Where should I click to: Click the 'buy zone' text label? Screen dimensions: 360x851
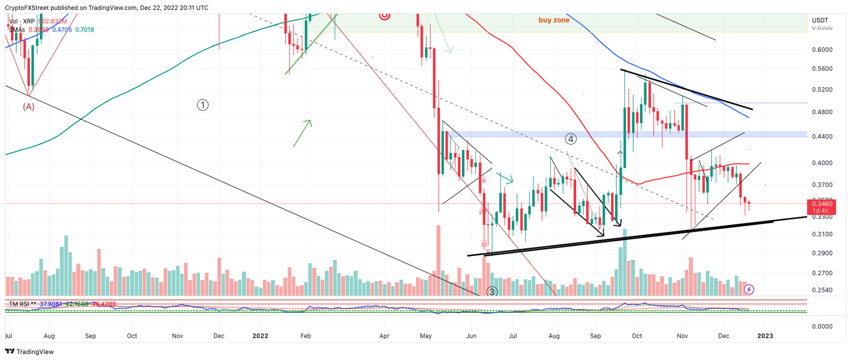coord(554,20)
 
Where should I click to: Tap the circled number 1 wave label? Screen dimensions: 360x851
coord(203,105)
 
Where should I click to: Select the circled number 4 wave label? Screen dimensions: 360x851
coord(571,138)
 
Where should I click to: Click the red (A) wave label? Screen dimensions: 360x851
coord(28,107)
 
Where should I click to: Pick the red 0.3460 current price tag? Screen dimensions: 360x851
coord(827,204)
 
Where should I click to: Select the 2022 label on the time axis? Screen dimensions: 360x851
coord(260,336)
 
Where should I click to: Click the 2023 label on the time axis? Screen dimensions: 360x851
coord(766,336)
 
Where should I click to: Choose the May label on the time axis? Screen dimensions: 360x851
coord(425,336)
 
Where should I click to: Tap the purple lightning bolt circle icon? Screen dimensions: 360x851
coord(749,289)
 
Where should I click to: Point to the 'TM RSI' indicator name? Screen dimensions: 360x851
coord(20,304)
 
